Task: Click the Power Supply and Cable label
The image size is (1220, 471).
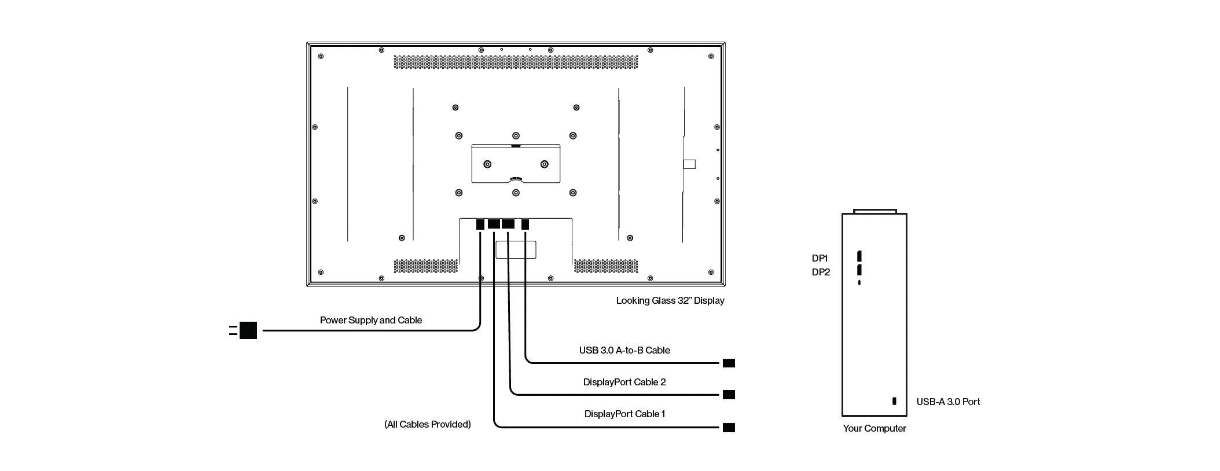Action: coord(370,320)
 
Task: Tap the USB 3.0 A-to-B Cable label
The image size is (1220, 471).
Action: coord(624,350)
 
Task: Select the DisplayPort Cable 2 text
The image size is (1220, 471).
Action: coord(624,382)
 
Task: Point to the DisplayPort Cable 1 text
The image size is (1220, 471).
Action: coord(624,414)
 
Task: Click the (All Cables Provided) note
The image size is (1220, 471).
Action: coord(428,424)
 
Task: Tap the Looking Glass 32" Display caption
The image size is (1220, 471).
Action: coord(670,300)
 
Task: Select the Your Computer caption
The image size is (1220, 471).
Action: coord(874,428)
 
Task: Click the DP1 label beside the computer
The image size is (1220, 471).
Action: coord(820,258)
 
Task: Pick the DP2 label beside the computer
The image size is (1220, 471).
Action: coord(821,272)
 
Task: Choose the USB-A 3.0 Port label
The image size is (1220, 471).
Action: coord(948,402)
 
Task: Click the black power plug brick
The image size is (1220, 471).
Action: coord(248,330)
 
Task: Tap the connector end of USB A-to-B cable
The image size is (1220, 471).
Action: coord(729,363)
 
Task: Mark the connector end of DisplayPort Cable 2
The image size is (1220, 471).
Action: coord(729,395)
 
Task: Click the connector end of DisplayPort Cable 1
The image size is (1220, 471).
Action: coord(729,428)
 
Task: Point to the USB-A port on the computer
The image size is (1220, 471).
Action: coord(894,401)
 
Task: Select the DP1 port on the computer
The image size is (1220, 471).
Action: coord(859,256)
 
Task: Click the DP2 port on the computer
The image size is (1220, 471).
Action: coord(859,270)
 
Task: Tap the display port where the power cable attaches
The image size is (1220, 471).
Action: coord(480,224)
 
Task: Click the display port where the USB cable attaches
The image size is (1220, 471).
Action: coord(525,224)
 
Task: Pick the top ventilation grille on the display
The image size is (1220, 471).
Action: coord(516,62)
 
